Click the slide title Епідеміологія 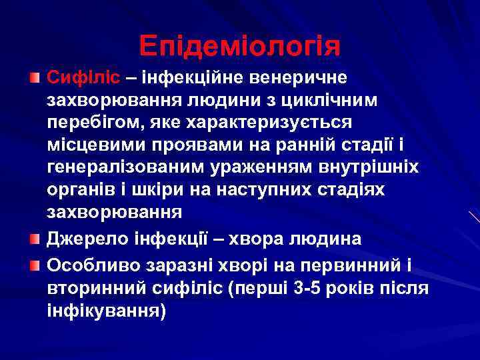click(x=240, y=45)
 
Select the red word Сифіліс click(x=83, y=78)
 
